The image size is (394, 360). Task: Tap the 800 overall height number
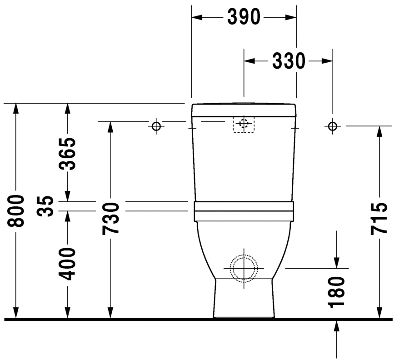coord(16,211)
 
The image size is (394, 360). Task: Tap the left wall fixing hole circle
coord(156,126)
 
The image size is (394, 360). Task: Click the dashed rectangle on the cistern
coord(244,124)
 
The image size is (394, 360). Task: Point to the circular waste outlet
coord(244,268)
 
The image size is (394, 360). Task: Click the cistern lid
coord(244,110)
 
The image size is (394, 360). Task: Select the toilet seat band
coord(244,211)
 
